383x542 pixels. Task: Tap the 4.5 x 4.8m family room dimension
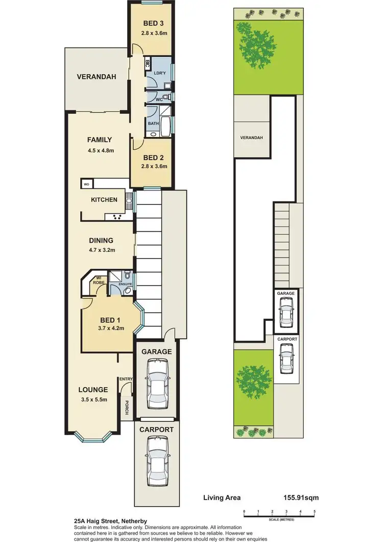tap(100, 150)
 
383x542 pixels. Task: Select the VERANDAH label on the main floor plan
tap(97, 77)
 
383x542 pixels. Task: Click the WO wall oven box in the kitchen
tap(87, 183)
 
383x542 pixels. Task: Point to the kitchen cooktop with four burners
tap(116, 217)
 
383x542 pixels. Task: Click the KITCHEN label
tap(104, 200)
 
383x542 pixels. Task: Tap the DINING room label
tap(101, 240)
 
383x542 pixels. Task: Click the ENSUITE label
tap(126, 284)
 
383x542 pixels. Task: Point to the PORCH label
tap(125, 407)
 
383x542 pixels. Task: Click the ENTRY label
tap(126, 379)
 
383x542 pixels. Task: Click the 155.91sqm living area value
tap(300, 497)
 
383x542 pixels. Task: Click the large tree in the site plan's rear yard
tap(258, 49)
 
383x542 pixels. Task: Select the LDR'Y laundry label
tap(160, 74)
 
